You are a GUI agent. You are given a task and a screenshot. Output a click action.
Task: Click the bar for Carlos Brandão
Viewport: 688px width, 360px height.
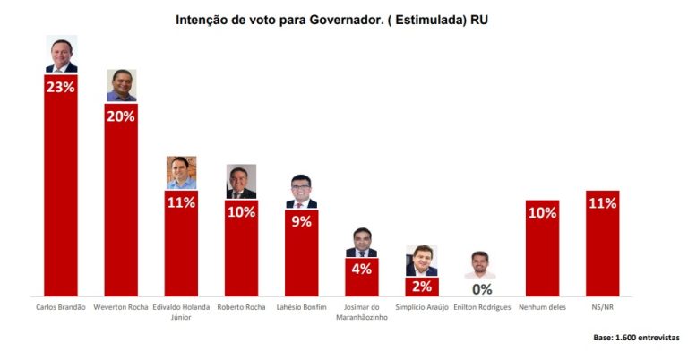[x=61, y=185]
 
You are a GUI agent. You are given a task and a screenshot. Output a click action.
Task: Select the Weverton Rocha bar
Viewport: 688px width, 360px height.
[x=121, y=200]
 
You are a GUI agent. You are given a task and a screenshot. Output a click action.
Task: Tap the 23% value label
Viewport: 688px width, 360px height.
[x=61, y=87]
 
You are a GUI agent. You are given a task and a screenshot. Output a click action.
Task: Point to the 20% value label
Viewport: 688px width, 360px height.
[x=121, y=116]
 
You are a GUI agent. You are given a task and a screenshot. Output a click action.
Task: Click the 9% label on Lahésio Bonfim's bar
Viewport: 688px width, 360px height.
[x=301, y=221]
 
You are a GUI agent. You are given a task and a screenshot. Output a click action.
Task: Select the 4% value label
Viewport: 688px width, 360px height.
[x=362, y=269]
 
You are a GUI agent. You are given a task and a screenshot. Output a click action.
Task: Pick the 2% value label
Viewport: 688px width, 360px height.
[x=422, y=287]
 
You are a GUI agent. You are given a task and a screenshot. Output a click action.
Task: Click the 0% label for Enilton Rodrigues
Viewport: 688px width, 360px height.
[x=482, y=289]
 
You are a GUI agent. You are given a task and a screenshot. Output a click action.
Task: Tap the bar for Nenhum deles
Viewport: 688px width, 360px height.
[x=542, y=248]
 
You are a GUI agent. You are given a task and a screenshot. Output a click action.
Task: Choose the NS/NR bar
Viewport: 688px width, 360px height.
[x=602, y=244]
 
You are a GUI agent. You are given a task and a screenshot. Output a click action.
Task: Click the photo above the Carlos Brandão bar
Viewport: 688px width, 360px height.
[x=62, y=54]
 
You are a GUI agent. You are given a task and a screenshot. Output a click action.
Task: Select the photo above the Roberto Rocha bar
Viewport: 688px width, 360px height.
[x=241, y=182]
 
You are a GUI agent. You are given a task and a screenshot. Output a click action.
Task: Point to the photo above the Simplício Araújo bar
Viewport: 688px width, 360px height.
[x=422, y=261]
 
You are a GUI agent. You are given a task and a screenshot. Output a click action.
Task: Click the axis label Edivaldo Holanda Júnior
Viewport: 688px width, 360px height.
[x=181, y=312]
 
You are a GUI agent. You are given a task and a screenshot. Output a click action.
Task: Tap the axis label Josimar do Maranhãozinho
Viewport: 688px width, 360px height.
[x=362, y=312]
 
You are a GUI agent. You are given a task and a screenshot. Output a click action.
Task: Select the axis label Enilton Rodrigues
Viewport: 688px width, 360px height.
[x=482, y=307]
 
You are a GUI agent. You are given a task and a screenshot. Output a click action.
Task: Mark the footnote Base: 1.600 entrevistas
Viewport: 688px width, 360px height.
[x=636, y=338]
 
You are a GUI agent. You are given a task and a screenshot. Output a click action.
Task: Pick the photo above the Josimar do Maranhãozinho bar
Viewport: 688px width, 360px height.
[x=362, y=242]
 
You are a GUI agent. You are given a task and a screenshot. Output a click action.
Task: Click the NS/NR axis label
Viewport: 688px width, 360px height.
[x=602, y=307]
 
